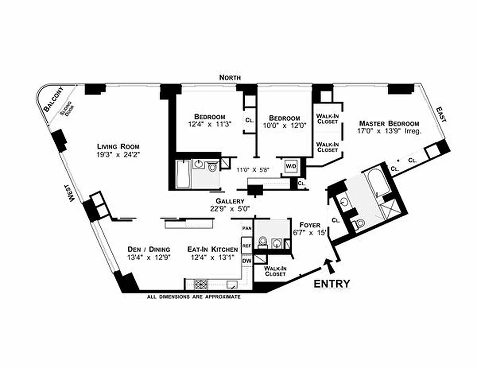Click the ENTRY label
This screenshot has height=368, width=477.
pos(332,284)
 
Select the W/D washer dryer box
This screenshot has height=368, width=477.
pos(291,166)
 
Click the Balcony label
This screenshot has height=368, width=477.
pos(52,99)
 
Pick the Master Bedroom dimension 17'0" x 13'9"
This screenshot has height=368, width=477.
pos(389,131)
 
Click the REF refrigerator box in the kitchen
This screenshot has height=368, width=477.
pos(247,246)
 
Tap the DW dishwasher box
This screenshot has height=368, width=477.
pos(247,261)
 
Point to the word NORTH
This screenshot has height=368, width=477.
pos(230,78)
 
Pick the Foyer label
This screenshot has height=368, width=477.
pos(310,225)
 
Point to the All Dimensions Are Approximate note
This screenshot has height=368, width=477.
pos(194,297)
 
